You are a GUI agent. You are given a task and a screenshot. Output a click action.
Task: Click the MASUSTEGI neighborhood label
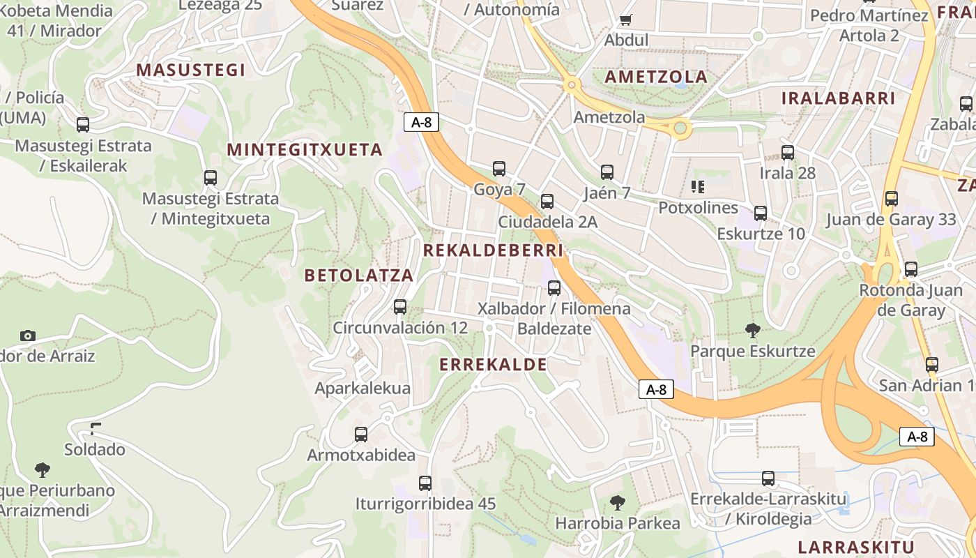tap(190, 70)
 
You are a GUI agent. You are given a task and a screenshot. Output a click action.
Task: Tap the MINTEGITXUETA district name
tap(305, 150)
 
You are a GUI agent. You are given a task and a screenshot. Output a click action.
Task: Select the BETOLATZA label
tap(359, 276)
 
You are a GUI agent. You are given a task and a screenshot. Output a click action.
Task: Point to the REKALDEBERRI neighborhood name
tap(493, 250)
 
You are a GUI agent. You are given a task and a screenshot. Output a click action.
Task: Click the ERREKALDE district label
tap(493, 364)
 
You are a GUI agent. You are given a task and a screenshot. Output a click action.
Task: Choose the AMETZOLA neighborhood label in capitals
tap(656, 77)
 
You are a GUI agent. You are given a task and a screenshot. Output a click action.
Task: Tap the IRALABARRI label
tap(838, 98)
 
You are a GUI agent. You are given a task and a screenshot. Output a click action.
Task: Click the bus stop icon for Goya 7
tap(499, 168)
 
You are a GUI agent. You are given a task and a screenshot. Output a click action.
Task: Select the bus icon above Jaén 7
tap(607, 172)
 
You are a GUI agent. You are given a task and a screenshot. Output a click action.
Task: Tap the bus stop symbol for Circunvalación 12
tap(400, 306)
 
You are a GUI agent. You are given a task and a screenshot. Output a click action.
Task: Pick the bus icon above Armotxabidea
tap(361, 434)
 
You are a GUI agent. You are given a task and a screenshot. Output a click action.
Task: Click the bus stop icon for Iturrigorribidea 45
tap(425, 483)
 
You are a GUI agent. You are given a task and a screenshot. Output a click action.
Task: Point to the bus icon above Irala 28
tap(788, 152)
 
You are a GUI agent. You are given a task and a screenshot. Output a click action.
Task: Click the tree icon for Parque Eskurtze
tap(752, 330)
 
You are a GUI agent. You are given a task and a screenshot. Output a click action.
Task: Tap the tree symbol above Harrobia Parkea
tap(617, 502)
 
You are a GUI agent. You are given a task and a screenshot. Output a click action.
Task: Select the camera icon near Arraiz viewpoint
tap(28, 335)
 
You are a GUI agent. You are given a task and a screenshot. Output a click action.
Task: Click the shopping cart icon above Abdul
tap(625, 20)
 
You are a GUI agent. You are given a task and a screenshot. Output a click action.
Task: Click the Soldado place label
tap(95, 449)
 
